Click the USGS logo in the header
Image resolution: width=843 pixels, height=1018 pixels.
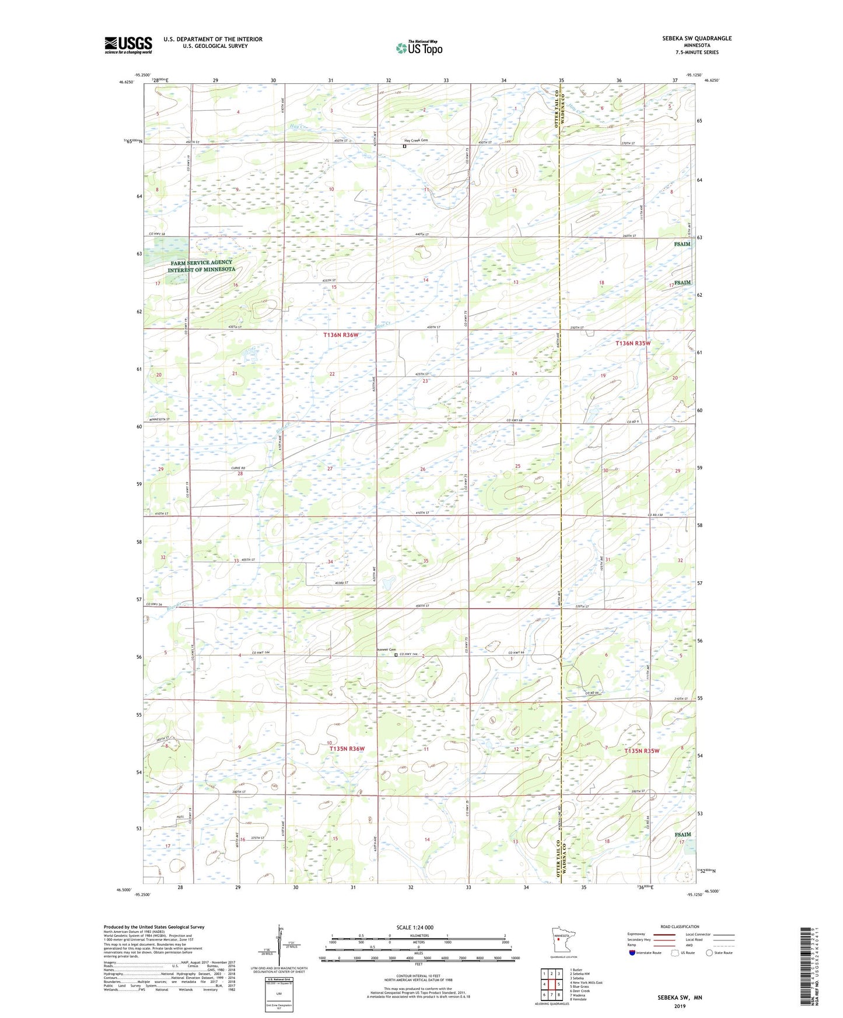(128, 45)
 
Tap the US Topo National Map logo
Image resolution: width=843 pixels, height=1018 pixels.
(418, 48)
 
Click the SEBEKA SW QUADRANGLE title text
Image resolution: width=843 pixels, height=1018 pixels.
(697, 38)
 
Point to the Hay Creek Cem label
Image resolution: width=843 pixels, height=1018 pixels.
(415, 141)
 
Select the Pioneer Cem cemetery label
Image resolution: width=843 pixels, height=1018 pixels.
(385, 650)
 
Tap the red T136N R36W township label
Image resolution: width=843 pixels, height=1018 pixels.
(341, 335)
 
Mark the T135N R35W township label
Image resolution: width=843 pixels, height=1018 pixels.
(642, 751)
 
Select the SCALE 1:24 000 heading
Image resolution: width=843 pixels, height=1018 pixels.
(415, 927)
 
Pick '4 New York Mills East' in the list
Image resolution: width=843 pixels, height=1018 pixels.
(586, 982)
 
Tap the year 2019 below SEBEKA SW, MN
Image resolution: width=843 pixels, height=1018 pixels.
(680, 1006)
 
